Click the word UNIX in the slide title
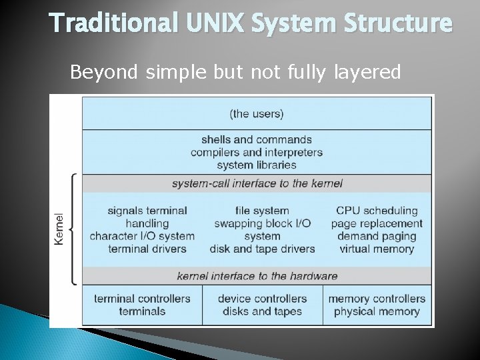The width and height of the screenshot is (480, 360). [204, 23]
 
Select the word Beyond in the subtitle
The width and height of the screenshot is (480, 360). [103, 71]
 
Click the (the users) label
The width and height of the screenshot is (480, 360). [257, 113]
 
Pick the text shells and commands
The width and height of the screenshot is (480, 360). [257, 139]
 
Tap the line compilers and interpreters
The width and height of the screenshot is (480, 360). [257, 152]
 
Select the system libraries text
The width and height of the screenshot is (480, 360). [257, 165]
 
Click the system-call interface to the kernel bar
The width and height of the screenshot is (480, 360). [257, 183]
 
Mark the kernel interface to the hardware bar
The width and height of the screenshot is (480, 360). [257, 275]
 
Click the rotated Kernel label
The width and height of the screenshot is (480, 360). [59, 229]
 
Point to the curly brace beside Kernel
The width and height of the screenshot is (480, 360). [73, 229]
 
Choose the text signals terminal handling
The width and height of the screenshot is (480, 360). [147, 217]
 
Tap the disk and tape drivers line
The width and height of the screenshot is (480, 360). [262, 249]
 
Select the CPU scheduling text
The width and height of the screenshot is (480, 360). [377, 211]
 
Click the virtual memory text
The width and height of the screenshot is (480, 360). [377, 249]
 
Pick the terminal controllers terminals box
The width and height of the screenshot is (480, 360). [142, 305]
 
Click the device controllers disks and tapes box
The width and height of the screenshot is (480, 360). [262, 305]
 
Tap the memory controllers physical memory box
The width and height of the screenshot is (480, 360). [377, 305]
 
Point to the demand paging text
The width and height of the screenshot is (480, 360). [377, 236]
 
